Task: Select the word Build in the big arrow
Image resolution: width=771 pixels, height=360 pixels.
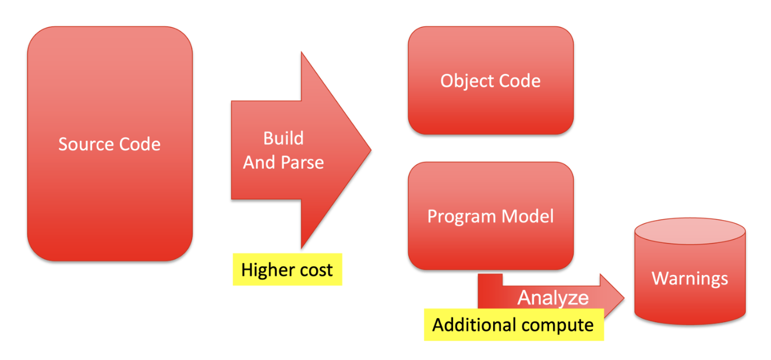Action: pyautogui.click(x=283, y=139)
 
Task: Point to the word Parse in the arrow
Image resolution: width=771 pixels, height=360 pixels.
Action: pyautogui.click(x=302, y=163)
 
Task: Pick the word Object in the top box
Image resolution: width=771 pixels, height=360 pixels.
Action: pyautogui.click(x=467, y=82)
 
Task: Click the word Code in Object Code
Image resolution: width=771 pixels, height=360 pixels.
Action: pyautogui.click(x=520, y=81)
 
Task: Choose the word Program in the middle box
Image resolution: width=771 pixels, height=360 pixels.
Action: pyautogui.click(x=462, y=217)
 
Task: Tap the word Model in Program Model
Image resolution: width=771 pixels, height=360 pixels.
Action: pyautogui.click(x=528, y=216)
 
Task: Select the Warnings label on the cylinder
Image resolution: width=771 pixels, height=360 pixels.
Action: pyautogui.click(x=690, y=279)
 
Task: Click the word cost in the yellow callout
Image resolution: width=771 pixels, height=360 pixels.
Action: pyautogui.click(x=316, y=270)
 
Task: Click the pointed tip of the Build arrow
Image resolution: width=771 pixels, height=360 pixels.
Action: pyautogui.click(x=371, y=150)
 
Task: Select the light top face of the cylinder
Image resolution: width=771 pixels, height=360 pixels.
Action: pyautogui.click(x=690, y=231)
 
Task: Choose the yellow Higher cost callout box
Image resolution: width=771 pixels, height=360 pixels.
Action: pyautogui.click(x=288, y=270)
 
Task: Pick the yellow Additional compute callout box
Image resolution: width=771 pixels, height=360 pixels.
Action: pyautogui.click(x=514, y=325)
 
